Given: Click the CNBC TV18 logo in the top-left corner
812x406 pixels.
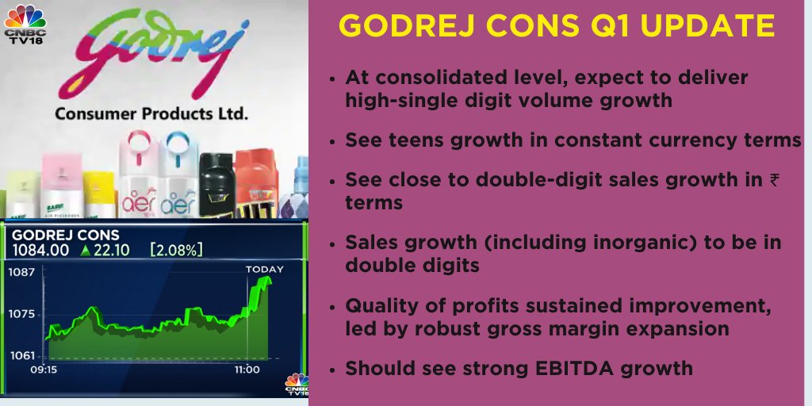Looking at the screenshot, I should click(x=25, y=25).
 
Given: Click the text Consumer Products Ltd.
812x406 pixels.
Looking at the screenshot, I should click(x=151, y=113).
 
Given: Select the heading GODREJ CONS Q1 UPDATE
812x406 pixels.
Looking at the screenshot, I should click(x=557, y=26).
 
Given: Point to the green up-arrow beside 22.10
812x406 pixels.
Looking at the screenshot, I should click(x=86, y=250).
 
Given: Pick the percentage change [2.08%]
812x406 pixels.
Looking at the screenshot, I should click(x=176, y=250).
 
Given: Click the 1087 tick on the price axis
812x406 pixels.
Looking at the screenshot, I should click(x=22, y=272).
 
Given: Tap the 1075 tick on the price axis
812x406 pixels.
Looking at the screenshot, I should click(x=22, y=314).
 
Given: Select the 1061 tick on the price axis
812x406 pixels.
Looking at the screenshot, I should click(x=22, y=355).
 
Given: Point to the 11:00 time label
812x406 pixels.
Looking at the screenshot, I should click(x=246, y=370).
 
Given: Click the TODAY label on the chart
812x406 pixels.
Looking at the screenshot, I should click(x=264, y=270).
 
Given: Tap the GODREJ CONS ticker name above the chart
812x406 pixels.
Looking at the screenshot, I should click(x=65, y=235).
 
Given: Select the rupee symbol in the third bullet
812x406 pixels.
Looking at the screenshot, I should click(x=775, y=180).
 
